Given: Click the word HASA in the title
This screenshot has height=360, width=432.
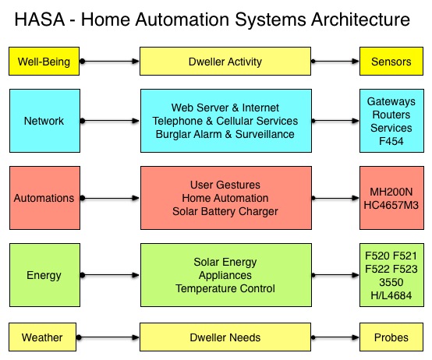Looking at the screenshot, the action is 40,19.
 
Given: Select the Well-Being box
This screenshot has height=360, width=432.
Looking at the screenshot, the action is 44,61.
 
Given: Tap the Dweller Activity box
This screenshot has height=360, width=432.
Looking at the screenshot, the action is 225,61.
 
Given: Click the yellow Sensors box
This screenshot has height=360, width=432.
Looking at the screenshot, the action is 391,61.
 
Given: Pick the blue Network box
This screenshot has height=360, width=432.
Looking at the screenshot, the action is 44,121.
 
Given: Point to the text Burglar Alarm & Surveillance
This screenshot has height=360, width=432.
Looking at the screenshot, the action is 225,134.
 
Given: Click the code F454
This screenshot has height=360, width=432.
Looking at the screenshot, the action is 391,141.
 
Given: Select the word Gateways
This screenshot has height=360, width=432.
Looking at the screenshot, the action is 391,101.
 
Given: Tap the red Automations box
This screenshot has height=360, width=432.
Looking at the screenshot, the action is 44,198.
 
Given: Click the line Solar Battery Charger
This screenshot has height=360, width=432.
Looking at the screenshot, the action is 225,211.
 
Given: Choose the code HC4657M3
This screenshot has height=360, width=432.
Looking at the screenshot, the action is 391,205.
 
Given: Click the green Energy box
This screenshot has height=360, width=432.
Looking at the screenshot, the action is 44,275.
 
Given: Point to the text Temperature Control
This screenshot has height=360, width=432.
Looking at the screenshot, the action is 225,288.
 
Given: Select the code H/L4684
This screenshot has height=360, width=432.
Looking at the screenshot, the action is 391,295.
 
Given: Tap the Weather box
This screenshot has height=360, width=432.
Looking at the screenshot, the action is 42,337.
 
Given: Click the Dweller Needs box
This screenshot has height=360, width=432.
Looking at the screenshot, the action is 225,337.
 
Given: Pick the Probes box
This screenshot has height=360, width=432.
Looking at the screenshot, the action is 391,337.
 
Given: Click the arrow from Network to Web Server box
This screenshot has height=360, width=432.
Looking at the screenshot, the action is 110,121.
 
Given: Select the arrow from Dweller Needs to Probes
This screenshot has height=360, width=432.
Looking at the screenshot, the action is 335,337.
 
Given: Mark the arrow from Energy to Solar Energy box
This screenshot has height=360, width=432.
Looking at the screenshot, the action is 110,275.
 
